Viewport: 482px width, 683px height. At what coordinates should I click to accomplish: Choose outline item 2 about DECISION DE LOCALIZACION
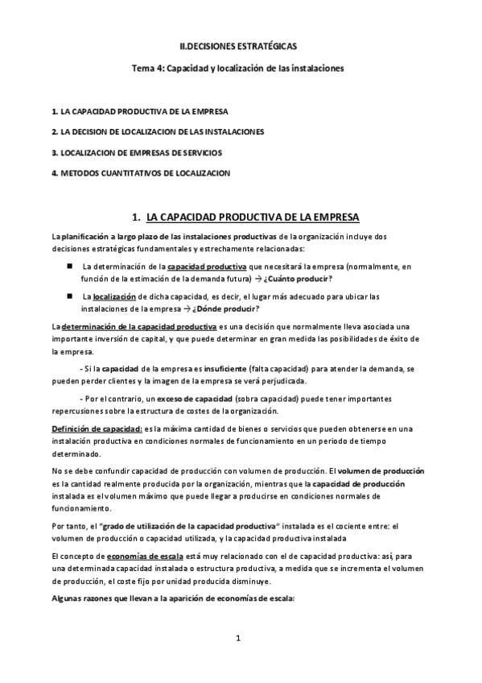point(157,130)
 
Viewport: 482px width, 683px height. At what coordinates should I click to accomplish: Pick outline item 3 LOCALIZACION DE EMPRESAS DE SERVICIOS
point(136,151)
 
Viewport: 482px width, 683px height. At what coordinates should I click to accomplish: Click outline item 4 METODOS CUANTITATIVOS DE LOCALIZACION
point(140,172)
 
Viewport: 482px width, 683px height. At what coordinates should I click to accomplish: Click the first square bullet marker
point(71,265)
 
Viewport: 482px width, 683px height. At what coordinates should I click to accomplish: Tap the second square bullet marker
point(71,296)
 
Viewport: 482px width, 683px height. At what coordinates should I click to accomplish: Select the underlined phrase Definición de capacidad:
point(97,430)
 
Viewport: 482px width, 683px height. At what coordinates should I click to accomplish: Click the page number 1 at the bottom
point(239,639)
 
